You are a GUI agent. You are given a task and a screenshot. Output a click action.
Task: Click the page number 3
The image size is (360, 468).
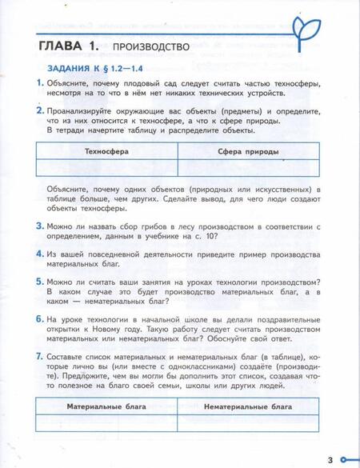329,459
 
